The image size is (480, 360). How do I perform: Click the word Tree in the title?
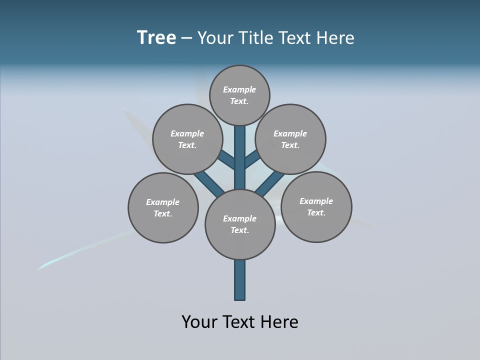click(x=156, y=38)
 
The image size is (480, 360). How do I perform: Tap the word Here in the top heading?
click(x=335, y=38)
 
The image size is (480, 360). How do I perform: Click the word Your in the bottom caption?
click(x=199, y=322)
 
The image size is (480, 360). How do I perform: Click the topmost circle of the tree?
click(x=239, y=95)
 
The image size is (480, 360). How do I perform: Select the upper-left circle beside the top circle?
click(x=187, y=139)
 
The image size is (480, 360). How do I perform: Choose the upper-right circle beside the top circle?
click(x=290, y=139)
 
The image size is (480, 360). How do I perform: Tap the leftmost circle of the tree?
click(x=163, y=207)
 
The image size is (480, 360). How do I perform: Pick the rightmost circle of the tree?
click(x=316, y=206)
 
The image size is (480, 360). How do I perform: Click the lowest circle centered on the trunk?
click(x=240, y=224)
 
